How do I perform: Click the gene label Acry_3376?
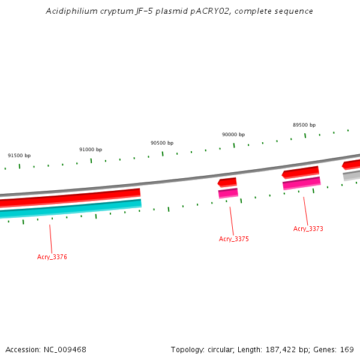click(52, 257)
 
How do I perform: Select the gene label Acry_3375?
click(233, 239)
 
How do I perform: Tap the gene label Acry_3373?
click(308, 229)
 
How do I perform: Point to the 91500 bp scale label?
click(19, 155)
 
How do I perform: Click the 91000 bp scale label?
click(91, 149)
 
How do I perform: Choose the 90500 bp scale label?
click(162, 143)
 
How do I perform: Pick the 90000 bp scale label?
click(233, 135)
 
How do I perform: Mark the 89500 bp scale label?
click(304, 125)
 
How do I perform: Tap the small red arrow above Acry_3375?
click(227, 182)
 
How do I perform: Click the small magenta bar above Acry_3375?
click(228, 193)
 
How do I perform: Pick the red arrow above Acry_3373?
click(301, 172)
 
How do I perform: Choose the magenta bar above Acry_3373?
click(301, 183)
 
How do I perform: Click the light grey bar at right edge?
click(352, 175)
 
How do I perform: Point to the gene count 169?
click(347, 349)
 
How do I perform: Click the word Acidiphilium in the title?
click(71, 11)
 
